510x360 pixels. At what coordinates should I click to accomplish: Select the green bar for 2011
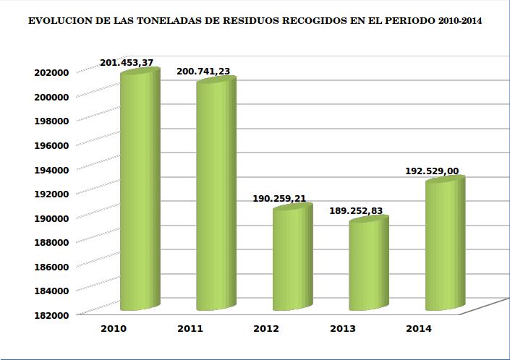(216, 195)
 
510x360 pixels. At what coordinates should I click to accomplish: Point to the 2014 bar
(444, 246)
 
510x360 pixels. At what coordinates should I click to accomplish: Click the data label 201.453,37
(127, 63)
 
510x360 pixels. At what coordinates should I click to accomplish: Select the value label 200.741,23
(203, 72)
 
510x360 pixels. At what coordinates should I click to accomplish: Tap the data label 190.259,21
(280, 197)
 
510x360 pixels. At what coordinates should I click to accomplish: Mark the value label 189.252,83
(356, 210)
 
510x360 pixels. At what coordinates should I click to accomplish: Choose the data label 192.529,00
(432, 171)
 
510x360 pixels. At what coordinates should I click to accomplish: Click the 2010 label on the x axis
(114, 328)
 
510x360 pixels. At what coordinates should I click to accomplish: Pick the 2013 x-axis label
(342, 328)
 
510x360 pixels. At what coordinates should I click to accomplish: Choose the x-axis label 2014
(419, 328)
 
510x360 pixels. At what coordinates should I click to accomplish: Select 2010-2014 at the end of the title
(461, 22)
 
